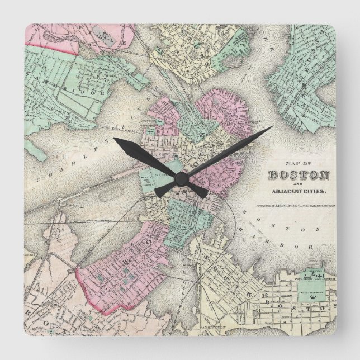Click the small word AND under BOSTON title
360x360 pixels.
click(300, 184)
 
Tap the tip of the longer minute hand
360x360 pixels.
click(272, 127)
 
